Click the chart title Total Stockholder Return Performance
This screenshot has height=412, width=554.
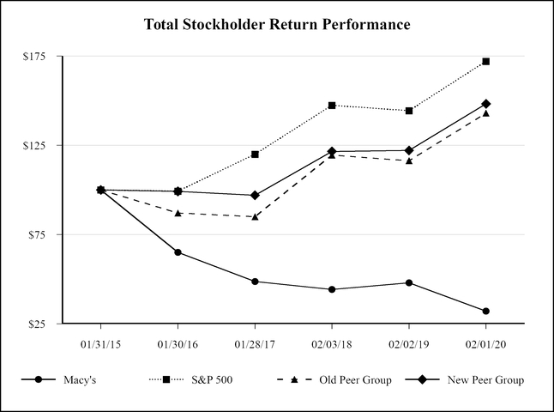(277, 24)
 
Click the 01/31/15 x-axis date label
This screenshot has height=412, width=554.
(100, 342)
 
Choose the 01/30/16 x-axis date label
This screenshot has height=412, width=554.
(178, 342)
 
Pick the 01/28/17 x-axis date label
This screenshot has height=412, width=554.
(255, 342)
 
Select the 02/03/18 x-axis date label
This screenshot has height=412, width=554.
(332, 342)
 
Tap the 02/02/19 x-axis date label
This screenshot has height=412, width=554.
(409, 342)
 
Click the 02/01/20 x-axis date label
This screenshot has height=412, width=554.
(486, 342)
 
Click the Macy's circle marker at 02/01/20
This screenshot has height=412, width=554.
(486, 311)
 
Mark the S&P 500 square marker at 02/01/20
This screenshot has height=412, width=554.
(486, 62)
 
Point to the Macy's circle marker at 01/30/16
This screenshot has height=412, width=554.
(178, 252)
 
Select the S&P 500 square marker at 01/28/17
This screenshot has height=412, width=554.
(255, 154)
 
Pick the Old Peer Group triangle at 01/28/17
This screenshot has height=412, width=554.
(255, 217)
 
